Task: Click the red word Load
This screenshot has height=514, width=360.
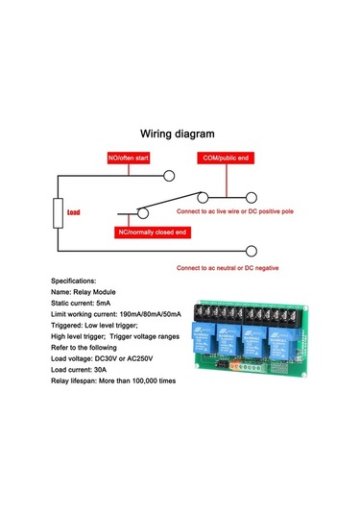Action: point(73,214)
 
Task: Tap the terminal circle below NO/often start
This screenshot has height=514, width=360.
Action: point(170,176)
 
